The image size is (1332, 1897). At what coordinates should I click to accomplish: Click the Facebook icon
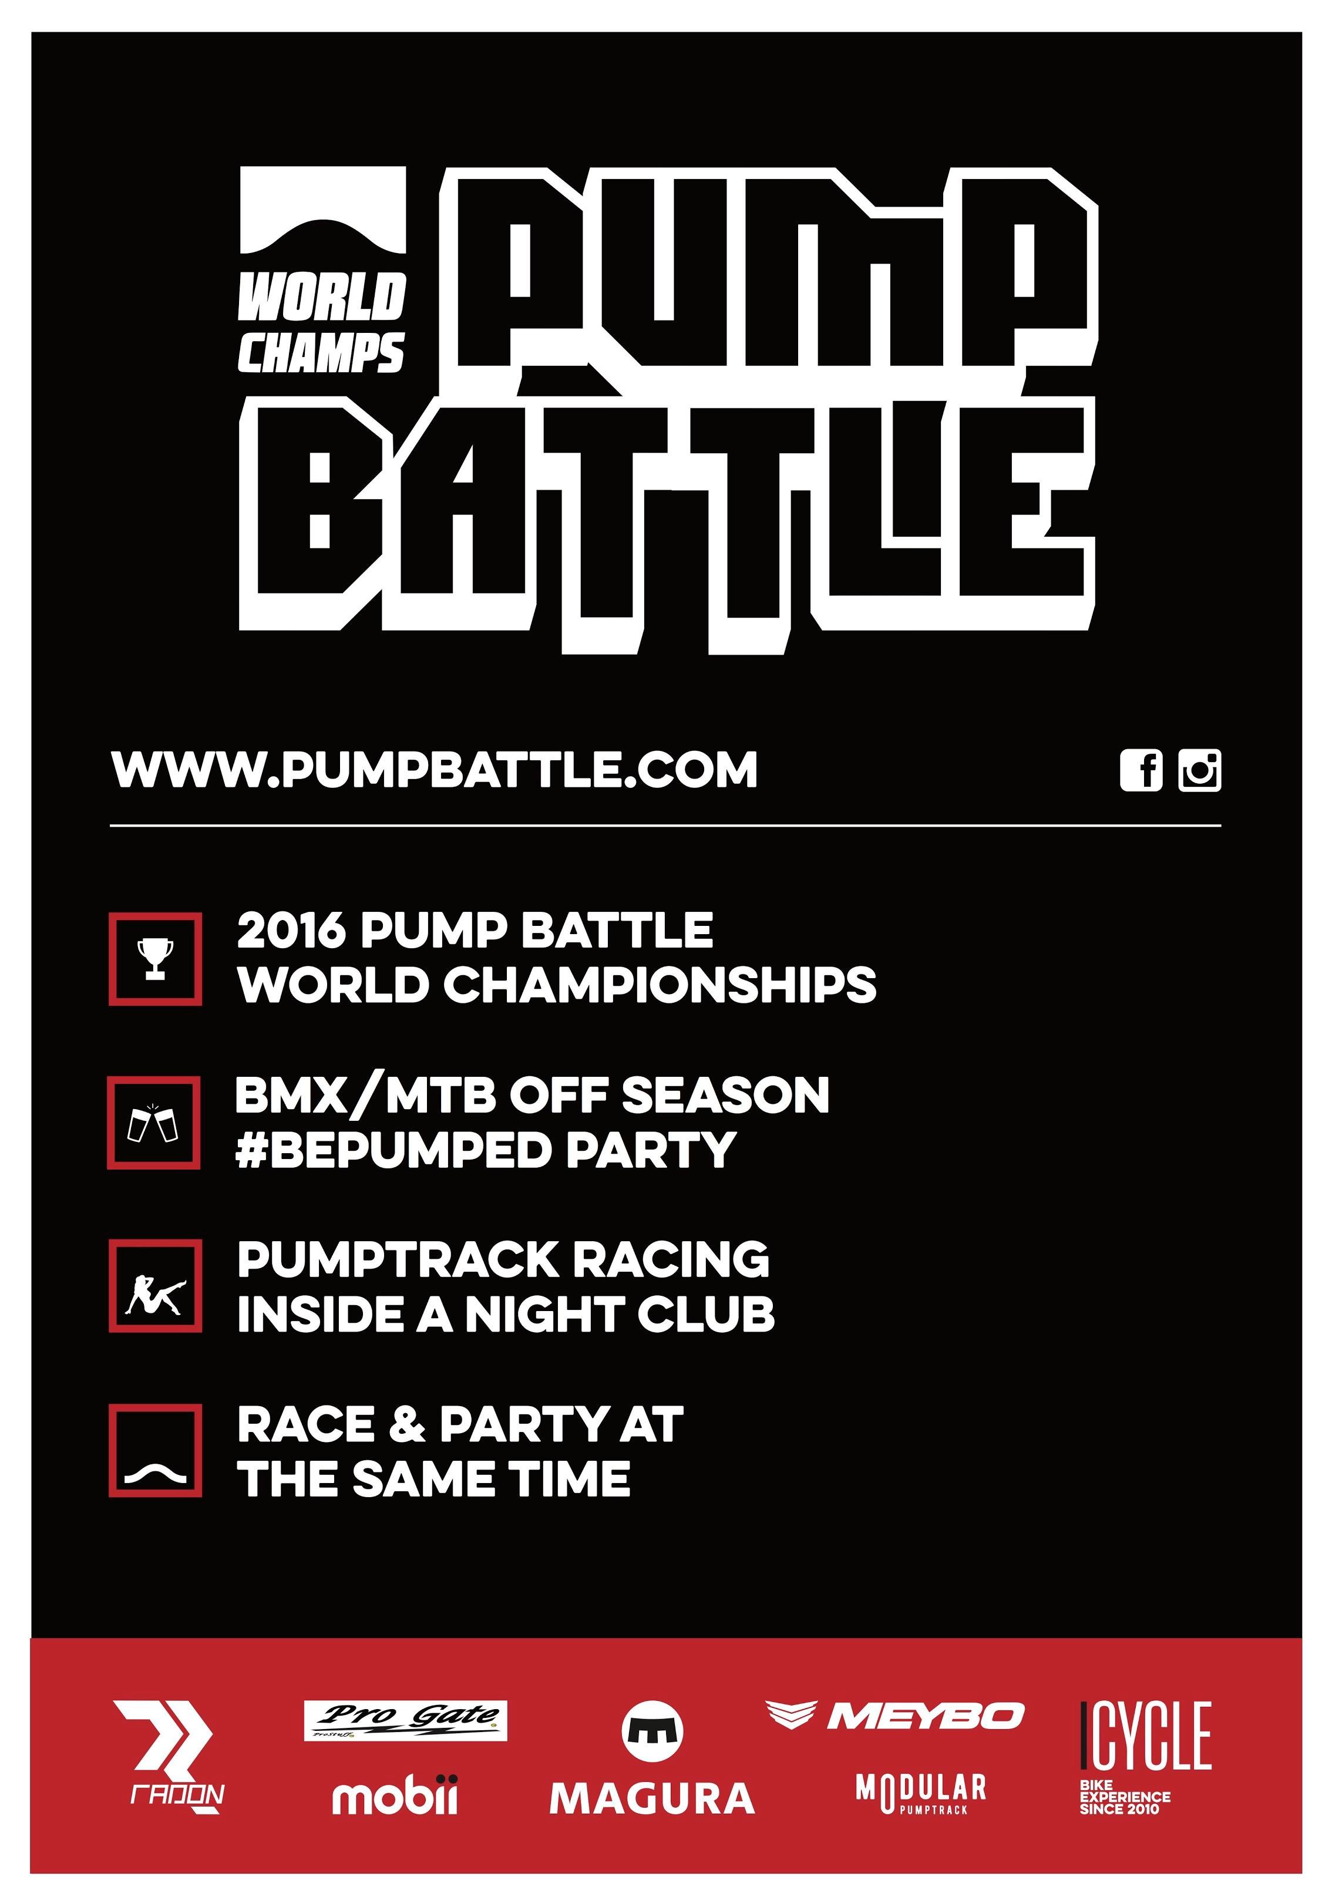pos(1141,771)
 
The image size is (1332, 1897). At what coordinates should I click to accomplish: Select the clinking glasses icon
pos(154,1123)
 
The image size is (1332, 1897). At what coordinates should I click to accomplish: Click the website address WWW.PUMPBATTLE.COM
pos(435,770)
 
